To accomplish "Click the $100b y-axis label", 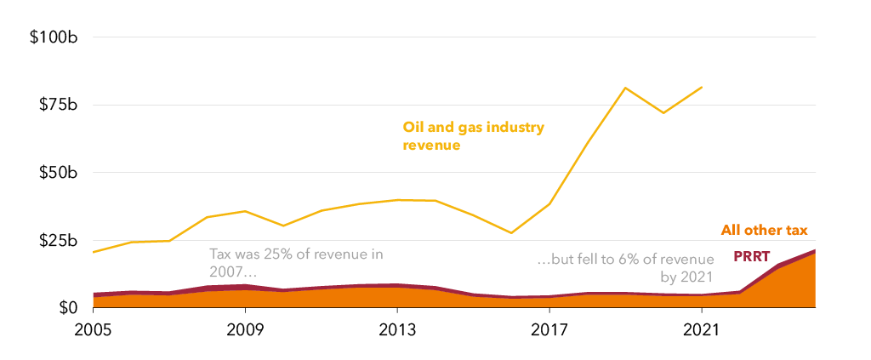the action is [x=55, y=37].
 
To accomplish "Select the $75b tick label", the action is [x=60, y=105].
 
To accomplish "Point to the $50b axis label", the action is [x=60, y=173].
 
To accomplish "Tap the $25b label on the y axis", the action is [x=60, y=241].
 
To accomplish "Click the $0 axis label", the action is [x=70, y=308].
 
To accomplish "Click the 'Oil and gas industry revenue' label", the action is [x=473, y=136].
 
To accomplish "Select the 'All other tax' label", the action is [x=764, y=230].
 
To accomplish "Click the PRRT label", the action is [x=751, y=256].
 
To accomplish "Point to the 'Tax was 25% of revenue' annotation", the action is [x=297, y=263].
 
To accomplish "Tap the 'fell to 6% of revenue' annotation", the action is [x=624, y=267].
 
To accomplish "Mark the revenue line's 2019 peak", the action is [x=625, y=88].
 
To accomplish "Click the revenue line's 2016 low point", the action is [x=511, y=233].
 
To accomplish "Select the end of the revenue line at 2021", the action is [x=702, y=87].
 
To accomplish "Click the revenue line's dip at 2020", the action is [x=663, y=113].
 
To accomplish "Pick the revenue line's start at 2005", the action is [x=93, y=252].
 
